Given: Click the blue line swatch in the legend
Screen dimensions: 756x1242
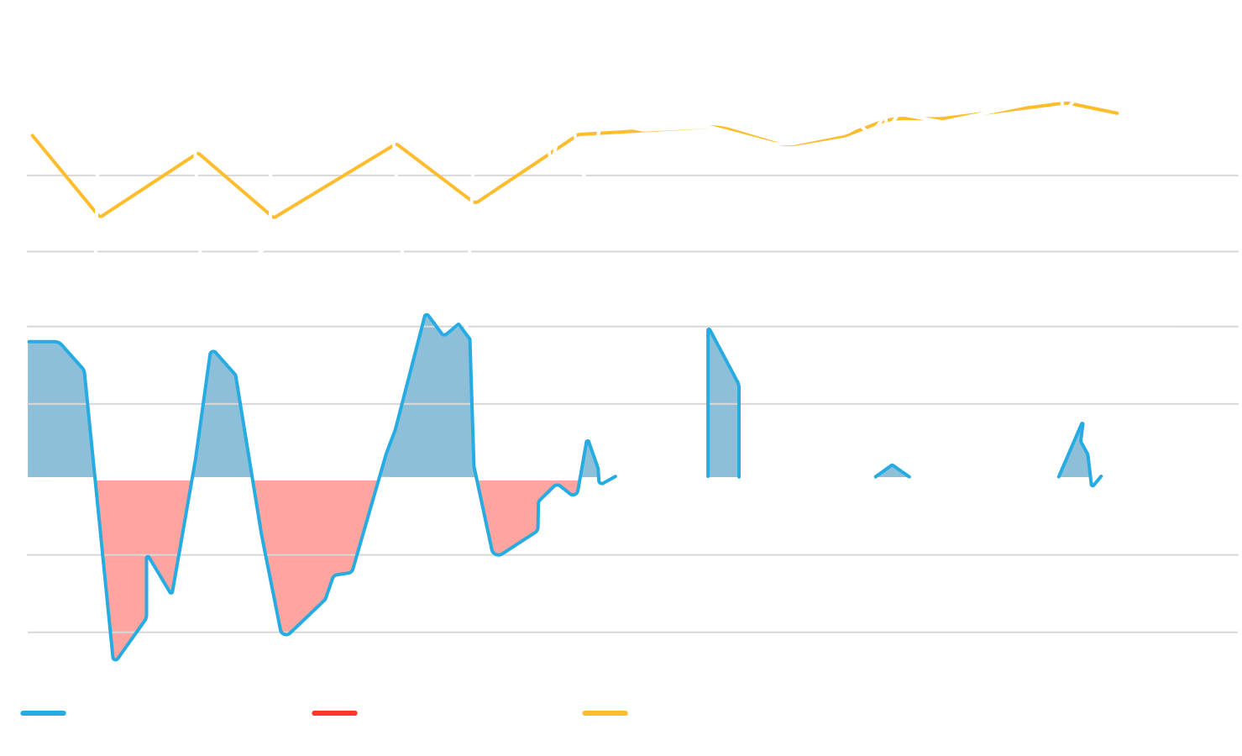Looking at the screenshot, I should pyautogui.click(x=43, y=713).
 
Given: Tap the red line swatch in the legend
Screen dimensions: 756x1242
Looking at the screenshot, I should pyautogui.click(x=334, y=713).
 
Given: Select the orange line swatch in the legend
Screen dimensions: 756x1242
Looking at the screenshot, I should pyautogui.click(x=605, y=713).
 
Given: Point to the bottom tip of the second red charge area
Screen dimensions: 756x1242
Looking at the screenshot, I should pyautogui.click(x=286, y=634).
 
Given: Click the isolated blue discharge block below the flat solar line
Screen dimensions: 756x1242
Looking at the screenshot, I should pyautogui.click(x=721, y=420).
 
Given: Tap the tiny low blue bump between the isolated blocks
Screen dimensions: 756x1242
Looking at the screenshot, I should pyautogui.click(x=892, y=471).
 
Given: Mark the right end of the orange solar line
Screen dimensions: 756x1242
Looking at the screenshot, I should pyautogui.click(x=1118, y=113).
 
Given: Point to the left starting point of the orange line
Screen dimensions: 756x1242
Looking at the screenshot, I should pyautogui.click(x=32, y=134).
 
